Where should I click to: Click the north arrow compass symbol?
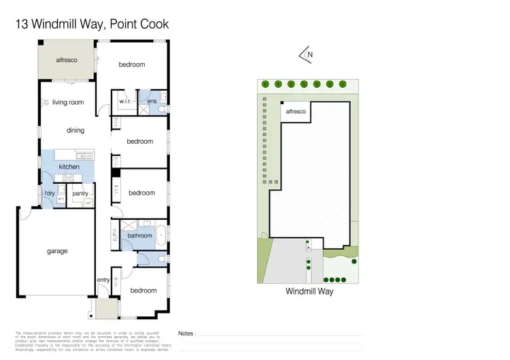(x=306, y=54)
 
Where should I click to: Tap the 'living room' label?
(x=68, y=103)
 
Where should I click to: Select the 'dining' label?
(x=75, y=130)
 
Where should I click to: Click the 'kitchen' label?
(x=69, y=167)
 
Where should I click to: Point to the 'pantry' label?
(x=80, y=194)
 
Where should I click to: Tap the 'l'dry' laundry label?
(x=50, y=194)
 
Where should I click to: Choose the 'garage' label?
(x=57, y=251)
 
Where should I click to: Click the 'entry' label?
(x=103, y=280)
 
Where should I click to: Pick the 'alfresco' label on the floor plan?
(x=67, y=60)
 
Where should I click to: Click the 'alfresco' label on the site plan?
(x=295, y=110)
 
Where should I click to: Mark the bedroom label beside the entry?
(x=143, y=291)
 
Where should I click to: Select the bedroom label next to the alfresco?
(x=132, y=65)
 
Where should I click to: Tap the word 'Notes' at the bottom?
(x=186, y=333)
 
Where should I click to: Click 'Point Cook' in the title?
(x=139, y=24)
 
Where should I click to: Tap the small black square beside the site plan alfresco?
(x=282, y=105)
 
